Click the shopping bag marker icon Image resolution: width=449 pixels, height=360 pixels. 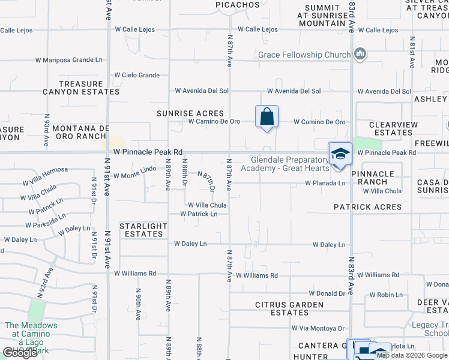[267, 116]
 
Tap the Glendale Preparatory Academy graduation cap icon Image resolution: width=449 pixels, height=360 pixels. [340, 154]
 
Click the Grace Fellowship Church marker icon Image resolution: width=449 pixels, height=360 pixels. [360, 55]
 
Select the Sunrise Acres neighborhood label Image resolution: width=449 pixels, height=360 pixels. [190, 113]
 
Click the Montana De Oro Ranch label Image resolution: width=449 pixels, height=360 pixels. [81, 133]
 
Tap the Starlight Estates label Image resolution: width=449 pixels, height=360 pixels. [143, 230]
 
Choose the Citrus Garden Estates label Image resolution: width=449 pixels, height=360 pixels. [290, 308]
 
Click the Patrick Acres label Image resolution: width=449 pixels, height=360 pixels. [368, 207]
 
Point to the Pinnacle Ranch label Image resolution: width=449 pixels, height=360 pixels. [373, 178]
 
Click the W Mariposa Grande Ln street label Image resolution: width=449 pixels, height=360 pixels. [69, 60]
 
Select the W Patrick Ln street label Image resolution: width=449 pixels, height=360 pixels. [199, 214]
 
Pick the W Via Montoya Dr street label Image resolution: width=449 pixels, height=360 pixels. [318, 328]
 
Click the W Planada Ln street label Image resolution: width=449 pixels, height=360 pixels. [325, 183]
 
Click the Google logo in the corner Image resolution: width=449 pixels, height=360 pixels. [20, 353]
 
